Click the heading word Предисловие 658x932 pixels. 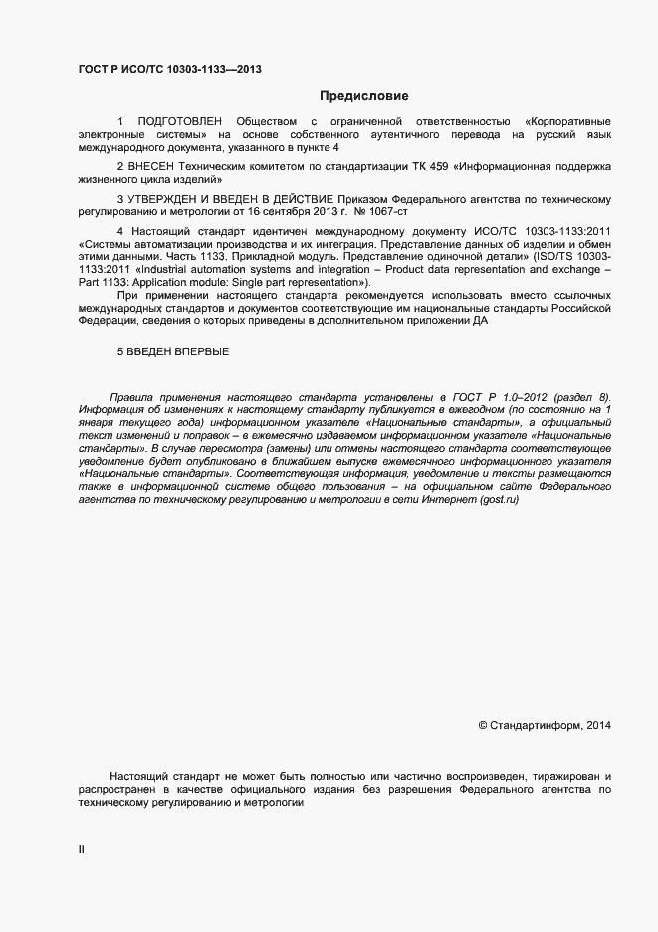click(363, 96)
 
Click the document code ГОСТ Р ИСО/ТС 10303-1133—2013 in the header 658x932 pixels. click(170, 69)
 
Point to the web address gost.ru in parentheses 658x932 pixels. click(499, 499)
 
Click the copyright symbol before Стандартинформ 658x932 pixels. click(483, 725)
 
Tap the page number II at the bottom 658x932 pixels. click(82, 849)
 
